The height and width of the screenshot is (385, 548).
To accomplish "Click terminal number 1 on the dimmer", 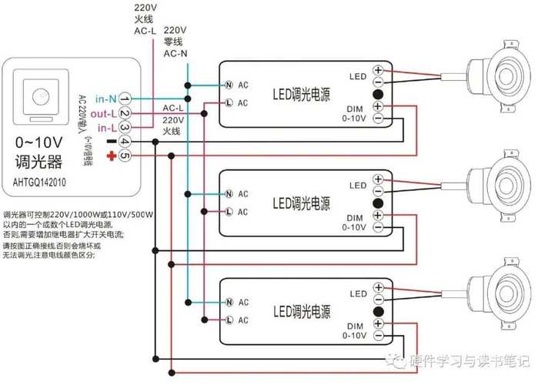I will pos(125,99).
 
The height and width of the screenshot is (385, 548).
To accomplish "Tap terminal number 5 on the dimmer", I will pos(125,156).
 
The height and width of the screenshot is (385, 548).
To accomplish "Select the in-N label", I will pos(105,99).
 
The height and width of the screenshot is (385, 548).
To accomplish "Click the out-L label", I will pos(103,113).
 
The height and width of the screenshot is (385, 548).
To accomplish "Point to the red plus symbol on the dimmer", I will pos(111,156).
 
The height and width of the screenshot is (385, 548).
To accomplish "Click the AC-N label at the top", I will pos(175,54).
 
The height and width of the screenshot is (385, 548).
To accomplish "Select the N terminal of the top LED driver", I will pos(229,84).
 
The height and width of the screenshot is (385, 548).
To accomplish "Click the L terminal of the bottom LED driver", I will pos(229,320).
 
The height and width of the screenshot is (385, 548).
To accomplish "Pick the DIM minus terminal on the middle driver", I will pos(378,227).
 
